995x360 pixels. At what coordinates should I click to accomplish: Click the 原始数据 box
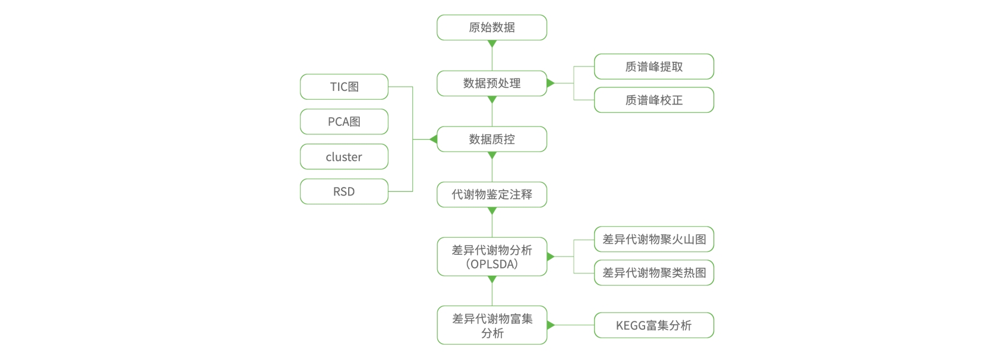click(x=491, y=27)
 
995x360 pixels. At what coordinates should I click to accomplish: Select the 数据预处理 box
click(x=491, y=83)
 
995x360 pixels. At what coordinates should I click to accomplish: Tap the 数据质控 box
click(x=491, y=139)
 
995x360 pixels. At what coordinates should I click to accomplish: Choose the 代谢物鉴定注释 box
click(x=491, y=194)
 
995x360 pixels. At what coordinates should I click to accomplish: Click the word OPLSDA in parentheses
click(x=492, y=264)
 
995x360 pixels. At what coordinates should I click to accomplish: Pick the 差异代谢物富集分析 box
click(x=491, y=325)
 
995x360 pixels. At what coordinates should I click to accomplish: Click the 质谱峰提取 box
click(x=653, y=67)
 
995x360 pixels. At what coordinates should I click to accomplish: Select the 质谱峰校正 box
click(x=653, y=100)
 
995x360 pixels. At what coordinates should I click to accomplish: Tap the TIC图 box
click(x=344, y=87)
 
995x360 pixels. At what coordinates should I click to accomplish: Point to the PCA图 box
click(x=344, y=122)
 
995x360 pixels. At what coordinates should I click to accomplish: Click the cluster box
click(x=344, y=157)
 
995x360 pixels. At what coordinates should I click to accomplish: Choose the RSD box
click(x=344, y=191)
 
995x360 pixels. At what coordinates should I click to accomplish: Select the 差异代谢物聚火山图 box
click(x=653, y=239)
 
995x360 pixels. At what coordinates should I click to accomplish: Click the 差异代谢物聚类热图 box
click(x=653, y=273)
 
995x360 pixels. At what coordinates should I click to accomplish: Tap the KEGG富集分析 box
click(x=653, y=325)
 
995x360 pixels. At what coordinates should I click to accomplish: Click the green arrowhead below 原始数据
click(x=492, y=43)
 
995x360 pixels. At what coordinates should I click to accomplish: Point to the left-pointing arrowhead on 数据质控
click(x=434, y=139)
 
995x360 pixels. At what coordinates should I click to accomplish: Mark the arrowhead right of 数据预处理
click(x=550, y=83)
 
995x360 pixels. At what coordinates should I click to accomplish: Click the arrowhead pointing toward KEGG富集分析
click(x=550, y=325)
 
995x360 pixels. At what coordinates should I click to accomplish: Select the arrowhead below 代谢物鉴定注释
click(x=492, y=210)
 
